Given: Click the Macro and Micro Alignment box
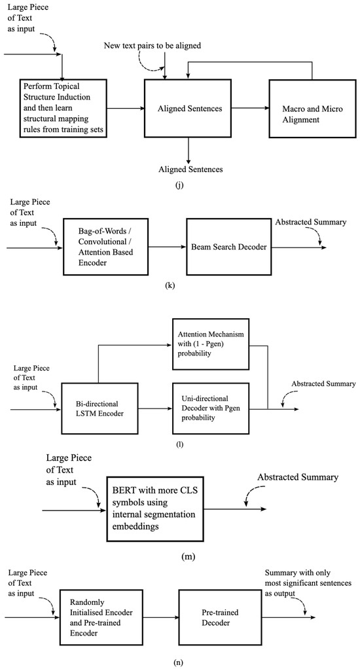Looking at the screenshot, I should click(x=312, y=109).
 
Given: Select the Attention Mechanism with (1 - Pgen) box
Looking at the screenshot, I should click(x=209, y=344).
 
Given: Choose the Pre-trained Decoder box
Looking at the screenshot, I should click(x=217, y=617).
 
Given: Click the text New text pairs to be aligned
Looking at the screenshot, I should click(x=152, y=46).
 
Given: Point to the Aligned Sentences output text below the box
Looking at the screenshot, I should click(x=190, y=169).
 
